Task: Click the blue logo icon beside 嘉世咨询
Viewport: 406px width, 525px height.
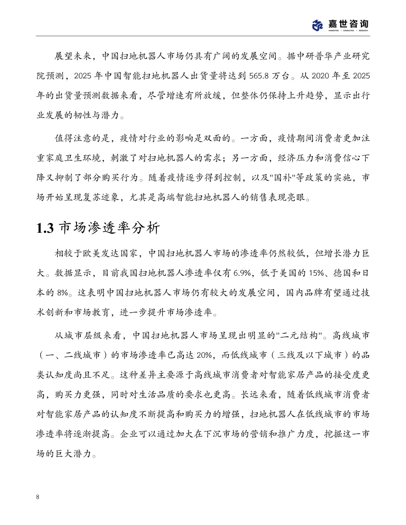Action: [318, 25]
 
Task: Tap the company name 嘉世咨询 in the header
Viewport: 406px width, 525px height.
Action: [348, 24]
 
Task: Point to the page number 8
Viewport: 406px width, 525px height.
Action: [38, 497]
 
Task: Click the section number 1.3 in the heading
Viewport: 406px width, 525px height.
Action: [45, 228]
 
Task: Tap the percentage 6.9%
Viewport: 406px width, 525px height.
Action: [242, 273]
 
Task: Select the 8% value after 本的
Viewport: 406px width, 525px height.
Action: [63, 293]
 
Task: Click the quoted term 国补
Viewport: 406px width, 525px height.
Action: [283, 177]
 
